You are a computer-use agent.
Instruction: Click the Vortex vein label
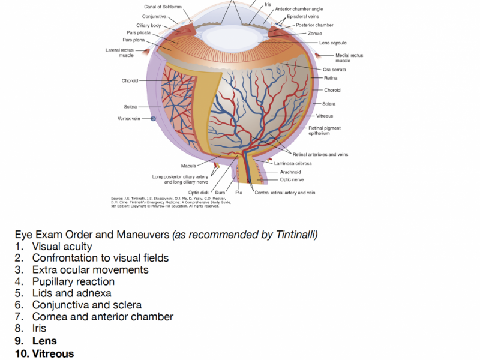(x=128, y=118)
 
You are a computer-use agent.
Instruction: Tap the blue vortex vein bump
(x=153, y=119)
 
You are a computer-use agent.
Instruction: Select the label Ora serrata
(x=334, y=70)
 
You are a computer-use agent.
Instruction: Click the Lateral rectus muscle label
(x=119, y=52)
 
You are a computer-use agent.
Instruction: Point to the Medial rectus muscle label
(x=349, y=58)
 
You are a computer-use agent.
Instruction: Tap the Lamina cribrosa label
(x=292, y=163)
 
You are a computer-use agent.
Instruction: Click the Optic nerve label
(x=291, y=179)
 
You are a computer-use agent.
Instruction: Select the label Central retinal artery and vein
(x=284, y=193)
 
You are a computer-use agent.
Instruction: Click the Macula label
(x=190, y=166)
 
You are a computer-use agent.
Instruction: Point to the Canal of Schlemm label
(x=162, y=7)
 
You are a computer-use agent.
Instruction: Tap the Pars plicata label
(x=139, y=32)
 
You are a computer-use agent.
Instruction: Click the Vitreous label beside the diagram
(x=324, y=116)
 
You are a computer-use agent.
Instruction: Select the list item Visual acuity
(x=62, y=246)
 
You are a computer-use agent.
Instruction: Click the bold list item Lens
(x=44, y=341)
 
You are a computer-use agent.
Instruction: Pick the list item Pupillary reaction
(x=73, y=281)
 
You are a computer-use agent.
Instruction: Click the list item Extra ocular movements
(x=90, y=269)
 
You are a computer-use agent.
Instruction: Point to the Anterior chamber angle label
(x=299, y=10)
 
